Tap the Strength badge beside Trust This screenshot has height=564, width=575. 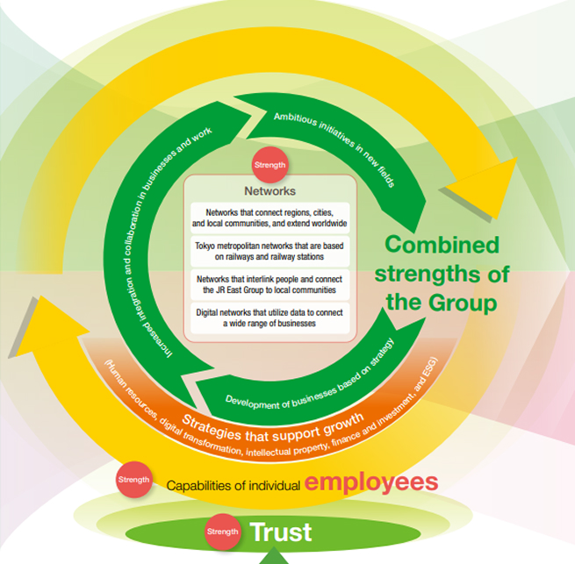221,532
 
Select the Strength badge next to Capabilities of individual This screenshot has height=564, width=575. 134,480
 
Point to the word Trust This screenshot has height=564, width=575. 280,532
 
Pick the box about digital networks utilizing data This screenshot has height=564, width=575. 270,318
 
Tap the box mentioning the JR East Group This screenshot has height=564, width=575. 270,284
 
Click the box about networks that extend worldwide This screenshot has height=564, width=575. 270,218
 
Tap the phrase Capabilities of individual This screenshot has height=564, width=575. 234,485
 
